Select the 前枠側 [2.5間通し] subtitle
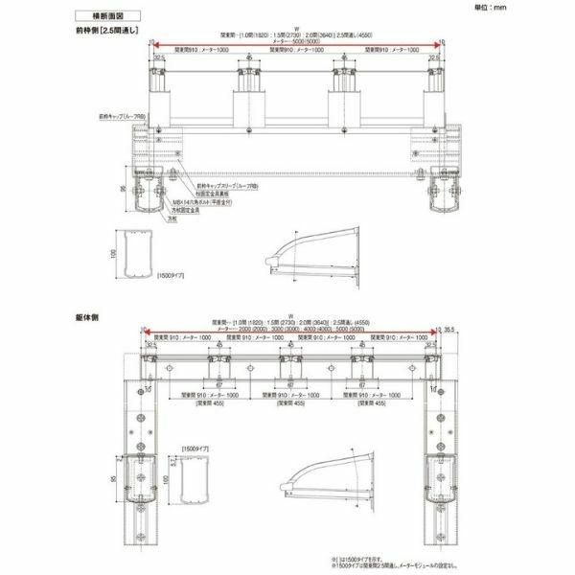tap(107, 32)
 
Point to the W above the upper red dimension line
tap(297, 29)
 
